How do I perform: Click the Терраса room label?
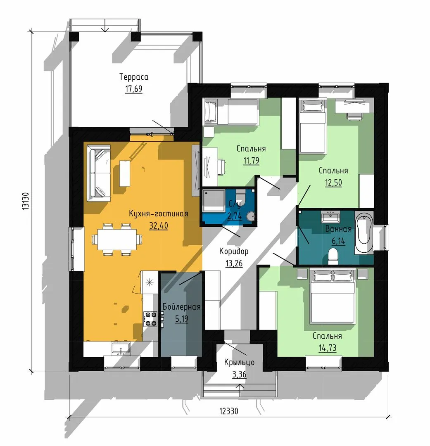[x=134, y=77]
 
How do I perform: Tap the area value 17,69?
[x=134, y=89]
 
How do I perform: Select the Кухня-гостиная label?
[x=159, y=214]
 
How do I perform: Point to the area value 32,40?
[x=159, y=225]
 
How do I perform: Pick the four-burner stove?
[x=150, y=319]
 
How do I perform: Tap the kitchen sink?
[x=121, y=349]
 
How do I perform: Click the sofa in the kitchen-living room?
[x=98, y=173]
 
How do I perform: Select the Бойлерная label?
[x=182, y=306]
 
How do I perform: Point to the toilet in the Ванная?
[x=332, y=256]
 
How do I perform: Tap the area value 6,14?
[x=338, y=241]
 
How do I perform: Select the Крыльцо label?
[x=239, y=362]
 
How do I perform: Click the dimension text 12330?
[x=229, y=411]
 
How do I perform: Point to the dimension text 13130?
[x=26, y=201]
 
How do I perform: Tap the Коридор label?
[x=234, y=251]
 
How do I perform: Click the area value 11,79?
[x=251, y=161]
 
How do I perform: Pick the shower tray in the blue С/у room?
[x=214, y=201]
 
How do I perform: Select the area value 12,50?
[x=333, y=183]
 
